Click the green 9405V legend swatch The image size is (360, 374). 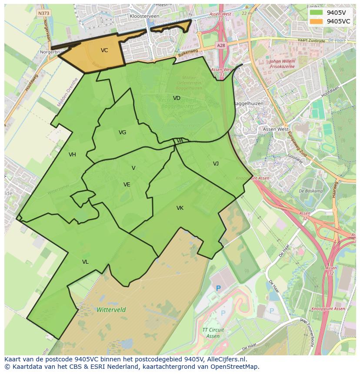[317, 12]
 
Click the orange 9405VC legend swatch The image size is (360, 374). [317, 21]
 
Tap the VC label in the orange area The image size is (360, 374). [104, 50]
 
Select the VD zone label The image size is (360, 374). [177, 98]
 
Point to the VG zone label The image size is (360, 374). [122, 132]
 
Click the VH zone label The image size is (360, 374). [72, 155]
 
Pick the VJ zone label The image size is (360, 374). [216, 164]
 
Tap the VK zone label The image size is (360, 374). [180, 208]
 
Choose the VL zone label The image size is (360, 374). [85, 262]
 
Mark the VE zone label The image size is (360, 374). [127, 185]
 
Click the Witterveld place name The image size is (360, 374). [111, 310]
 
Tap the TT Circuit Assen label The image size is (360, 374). [213, 333]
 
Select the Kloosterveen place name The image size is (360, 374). [144, 16]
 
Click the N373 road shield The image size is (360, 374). [43, 13]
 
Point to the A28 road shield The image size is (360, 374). [220, 45]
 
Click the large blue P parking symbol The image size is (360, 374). [218, 288]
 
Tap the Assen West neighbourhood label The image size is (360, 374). [276, 129]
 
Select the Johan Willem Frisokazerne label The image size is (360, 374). [283, 64]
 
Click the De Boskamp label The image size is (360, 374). [311, 191]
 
